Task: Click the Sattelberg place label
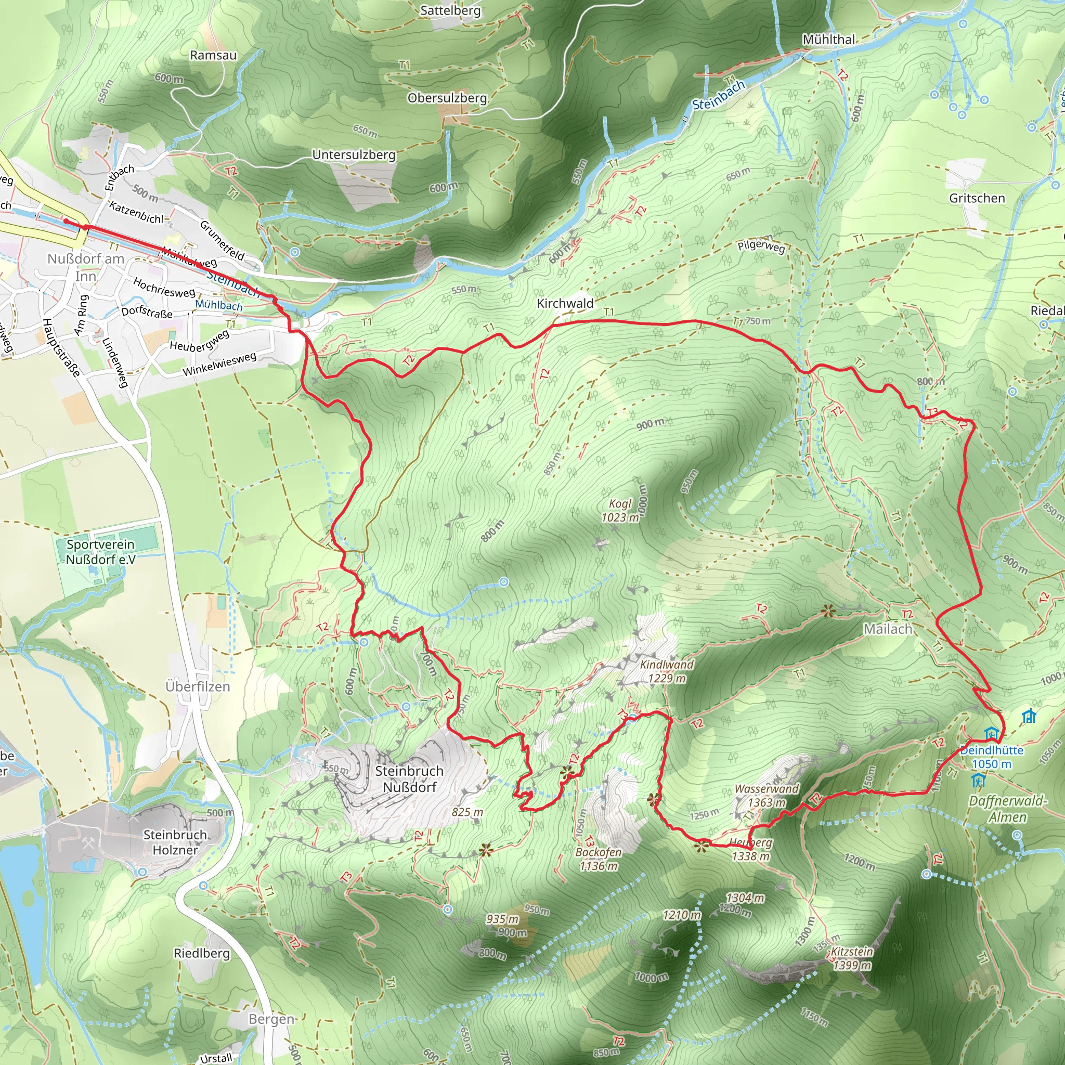450,10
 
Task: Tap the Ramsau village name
213,55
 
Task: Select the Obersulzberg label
447,98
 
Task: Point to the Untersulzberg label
354,155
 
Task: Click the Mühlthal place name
828,40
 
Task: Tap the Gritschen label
977,198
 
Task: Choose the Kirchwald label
565,303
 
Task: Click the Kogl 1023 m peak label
620,511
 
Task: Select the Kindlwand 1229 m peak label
667,671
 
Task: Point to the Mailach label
888,629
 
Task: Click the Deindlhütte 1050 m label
992,757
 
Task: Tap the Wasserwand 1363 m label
766,796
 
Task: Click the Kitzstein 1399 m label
852,958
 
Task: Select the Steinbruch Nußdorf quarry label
409,779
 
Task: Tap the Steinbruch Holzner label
175,842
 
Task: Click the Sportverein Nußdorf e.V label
100,552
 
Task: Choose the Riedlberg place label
202,953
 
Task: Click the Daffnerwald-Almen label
1007,809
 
